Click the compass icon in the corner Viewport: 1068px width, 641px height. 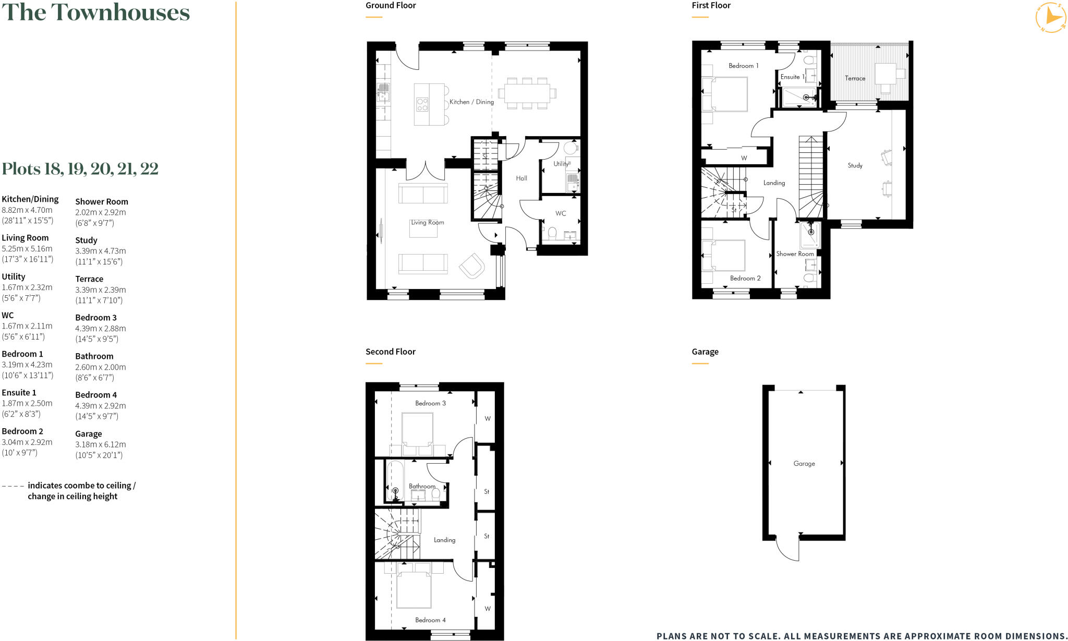coord(1050,18)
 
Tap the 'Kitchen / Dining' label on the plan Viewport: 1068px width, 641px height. coord(471,102)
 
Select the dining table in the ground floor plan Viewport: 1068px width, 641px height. coord(527,93)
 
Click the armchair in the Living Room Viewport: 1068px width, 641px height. coord(472,265)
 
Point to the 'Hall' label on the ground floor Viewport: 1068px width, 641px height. coord(521,178)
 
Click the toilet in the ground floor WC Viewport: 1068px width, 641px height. coord(552,232)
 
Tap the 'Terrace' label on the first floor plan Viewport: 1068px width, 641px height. coord(855,78)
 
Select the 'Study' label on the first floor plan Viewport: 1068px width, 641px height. coord(855,165)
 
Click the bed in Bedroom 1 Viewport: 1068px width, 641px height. coord(725,94)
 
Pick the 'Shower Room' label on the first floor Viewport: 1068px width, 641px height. coord(795,254)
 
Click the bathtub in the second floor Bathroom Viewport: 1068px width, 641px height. coord(395,480)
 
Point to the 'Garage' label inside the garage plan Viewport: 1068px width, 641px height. coord(804,463)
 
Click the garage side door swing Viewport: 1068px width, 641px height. coord(788,549)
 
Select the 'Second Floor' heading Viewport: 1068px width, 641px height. coord(390,352)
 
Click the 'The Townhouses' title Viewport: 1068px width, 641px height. coord(96,13)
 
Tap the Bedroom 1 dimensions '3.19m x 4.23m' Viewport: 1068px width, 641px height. coord(27,365)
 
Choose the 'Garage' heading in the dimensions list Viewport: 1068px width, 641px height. coord(89,434)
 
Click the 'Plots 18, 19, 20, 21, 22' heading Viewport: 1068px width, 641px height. coord(80,169)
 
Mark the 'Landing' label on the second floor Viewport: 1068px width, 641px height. coord(444,540)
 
